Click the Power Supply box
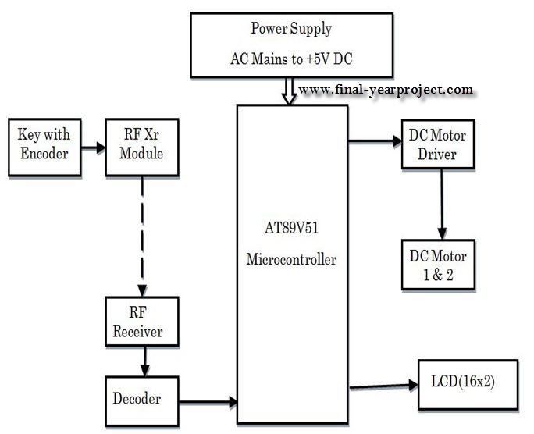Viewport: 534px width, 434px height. point(291,44)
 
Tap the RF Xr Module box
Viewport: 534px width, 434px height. point(142,145)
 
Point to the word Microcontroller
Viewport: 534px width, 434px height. point(291,259)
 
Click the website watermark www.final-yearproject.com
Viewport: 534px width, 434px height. point(386,90)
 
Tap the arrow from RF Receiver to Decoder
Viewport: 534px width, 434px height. point(142,361)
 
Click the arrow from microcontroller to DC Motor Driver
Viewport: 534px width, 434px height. point(373,142)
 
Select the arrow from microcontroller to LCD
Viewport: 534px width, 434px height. point(383,385)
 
